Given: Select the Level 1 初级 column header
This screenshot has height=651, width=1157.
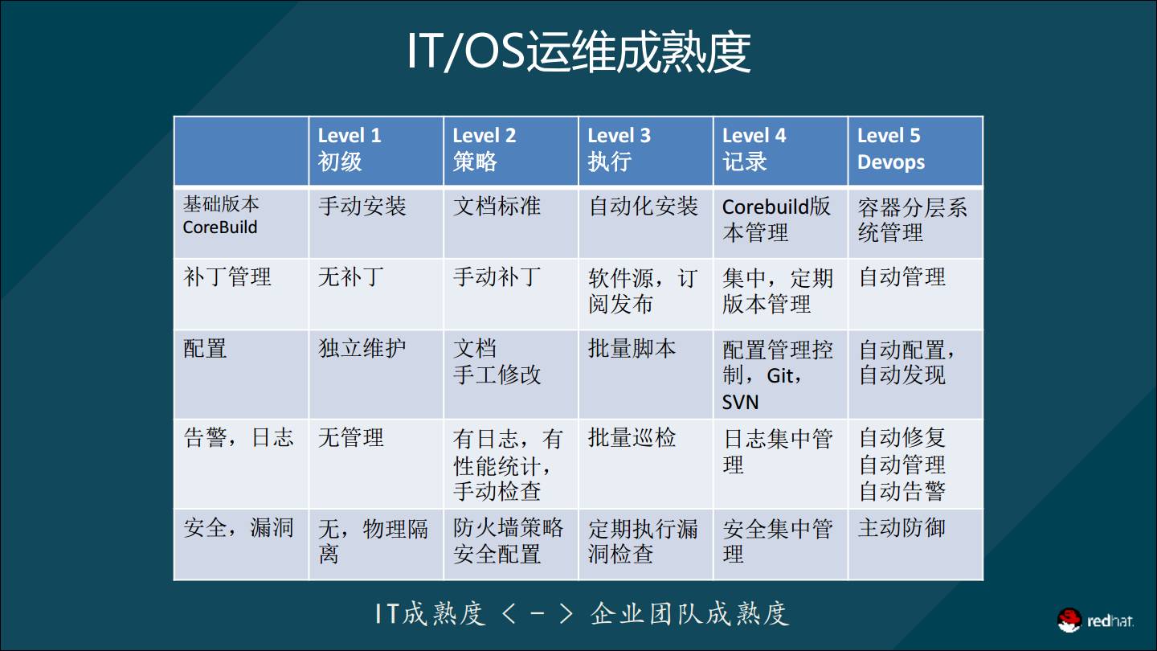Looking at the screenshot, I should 375,150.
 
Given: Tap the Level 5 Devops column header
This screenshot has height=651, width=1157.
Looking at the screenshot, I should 915,150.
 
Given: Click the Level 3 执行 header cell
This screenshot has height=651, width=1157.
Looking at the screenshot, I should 645,150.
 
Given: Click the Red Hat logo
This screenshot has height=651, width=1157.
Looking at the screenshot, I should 1095,620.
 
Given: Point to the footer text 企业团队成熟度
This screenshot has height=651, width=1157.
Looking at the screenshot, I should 690,614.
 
